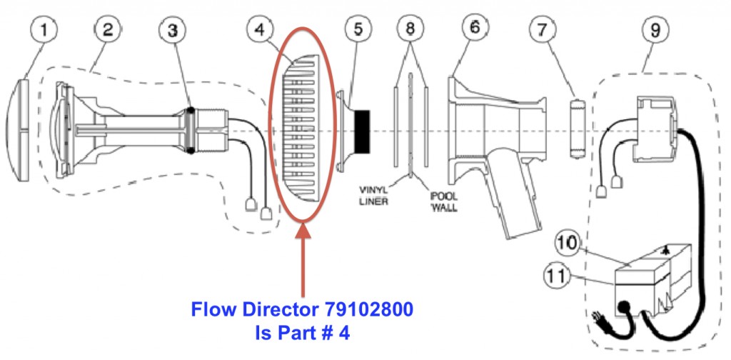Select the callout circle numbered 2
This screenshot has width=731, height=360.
108,31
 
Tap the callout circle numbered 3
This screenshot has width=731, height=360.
172,31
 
